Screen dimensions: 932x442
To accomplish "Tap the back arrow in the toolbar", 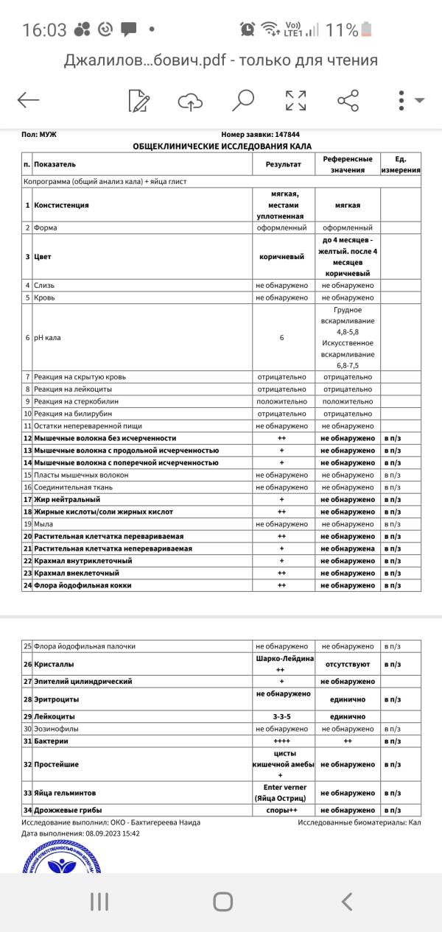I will (x=28, y=100).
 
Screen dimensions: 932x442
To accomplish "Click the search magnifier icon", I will (x=242, y=100).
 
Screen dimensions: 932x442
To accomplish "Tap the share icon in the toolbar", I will (x=348, y=100).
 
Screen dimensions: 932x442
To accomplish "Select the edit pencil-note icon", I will (x=138, y=100).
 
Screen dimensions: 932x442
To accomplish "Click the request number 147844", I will (x=287, y=135).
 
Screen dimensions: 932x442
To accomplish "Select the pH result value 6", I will (x=281, y=337).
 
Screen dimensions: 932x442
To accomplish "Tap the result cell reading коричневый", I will (x=281, y=257).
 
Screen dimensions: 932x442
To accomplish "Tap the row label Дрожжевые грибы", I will (x=68, y=810).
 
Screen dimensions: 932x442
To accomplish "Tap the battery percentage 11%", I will (x=342, y=30).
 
